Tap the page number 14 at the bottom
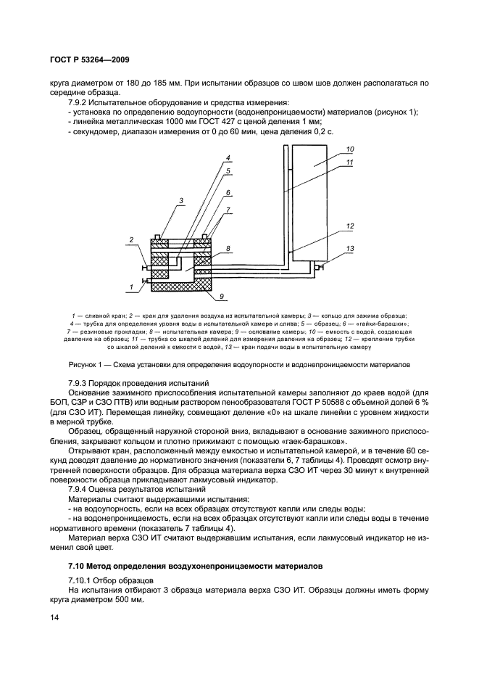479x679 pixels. (x=53, y=617)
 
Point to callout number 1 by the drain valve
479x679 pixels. (x=130, y=287)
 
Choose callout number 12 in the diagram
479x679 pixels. (x=349, y=226)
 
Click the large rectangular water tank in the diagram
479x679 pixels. (x=313, y=197)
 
